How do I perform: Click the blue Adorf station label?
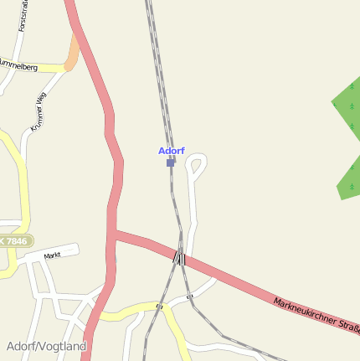point(171,151)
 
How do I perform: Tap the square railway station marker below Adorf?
point(171,162)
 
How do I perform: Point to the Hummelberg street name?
point(18,64)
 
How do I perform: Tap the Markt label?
point(53,254)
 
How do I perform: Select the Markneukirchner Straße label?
point(316,316)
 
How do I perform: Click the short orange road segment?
point(73,54)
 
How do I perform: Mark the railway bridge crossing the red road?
point(179,257)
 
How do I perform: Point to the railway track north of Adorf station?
point(160,75)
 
